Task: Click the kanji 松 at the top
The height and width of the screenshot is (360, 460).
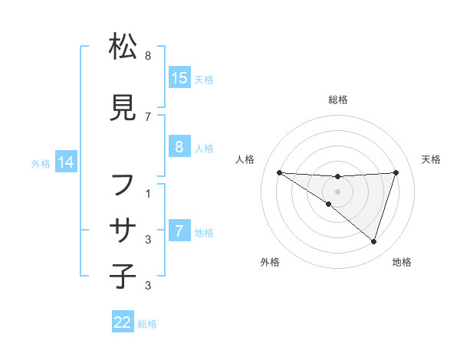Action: pyautogui.click(x=123, y=47)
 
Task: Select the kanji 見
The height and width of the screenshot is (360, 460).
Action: pyautogui.click(x=123, y=107)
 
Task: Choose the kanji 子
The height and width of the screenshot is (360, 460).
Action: pyautogui.click(x=123, y=275)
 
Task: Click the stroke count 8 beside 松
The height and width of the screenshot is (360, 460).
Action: pyautogui.click(x=147, y=56)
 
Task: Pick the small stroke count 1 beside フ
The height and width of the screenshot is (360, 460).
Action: pyautogui.click(x=147, y=194)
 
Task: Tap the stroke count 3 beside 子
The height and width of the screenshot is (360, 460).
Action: pyautogui.click(x=147, y=286)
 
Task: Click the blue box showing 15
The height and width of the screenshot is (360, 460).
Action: pyautogui.click(x=179, y=78)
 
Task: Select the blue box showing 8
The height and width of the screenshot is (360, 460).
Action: pyautogui.click(x=179, y=147)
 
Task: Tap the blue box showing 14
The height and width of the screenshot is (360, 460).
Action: pyautogui.click(x=65, y=162)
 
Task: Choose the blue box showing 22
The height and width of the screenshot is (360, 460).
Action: pyautogui.click(x=123, y=322)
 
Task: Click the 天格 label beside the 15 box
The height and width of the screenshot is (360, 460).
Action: pyautogui.click(x=203, y=79)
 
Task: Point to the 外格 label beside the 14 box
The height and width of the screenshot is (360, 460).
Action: pyautogui.click(x=41, y=163)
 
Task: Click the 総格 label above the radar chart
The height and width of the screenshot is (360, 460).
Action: pyautogui.click(x=338, y=100)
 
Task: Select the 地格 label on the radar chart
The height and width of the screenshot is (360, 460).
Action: pyautogui.click(x=402, y=262)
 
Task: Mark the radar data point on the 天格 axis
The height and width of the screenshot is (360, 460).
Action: pyautogui.click(x=396, y=172)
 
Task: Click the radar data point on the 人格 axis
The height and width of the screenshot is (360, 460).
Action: pyautogui.click(x=279, y=172)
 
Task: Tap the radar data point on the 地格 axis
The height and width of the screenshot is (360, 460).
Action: pyautogui.click(x=373, y=241)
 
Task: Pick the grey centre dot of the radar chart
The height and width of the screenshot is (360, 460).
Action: pyautogui.click(x=338, y=191)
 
